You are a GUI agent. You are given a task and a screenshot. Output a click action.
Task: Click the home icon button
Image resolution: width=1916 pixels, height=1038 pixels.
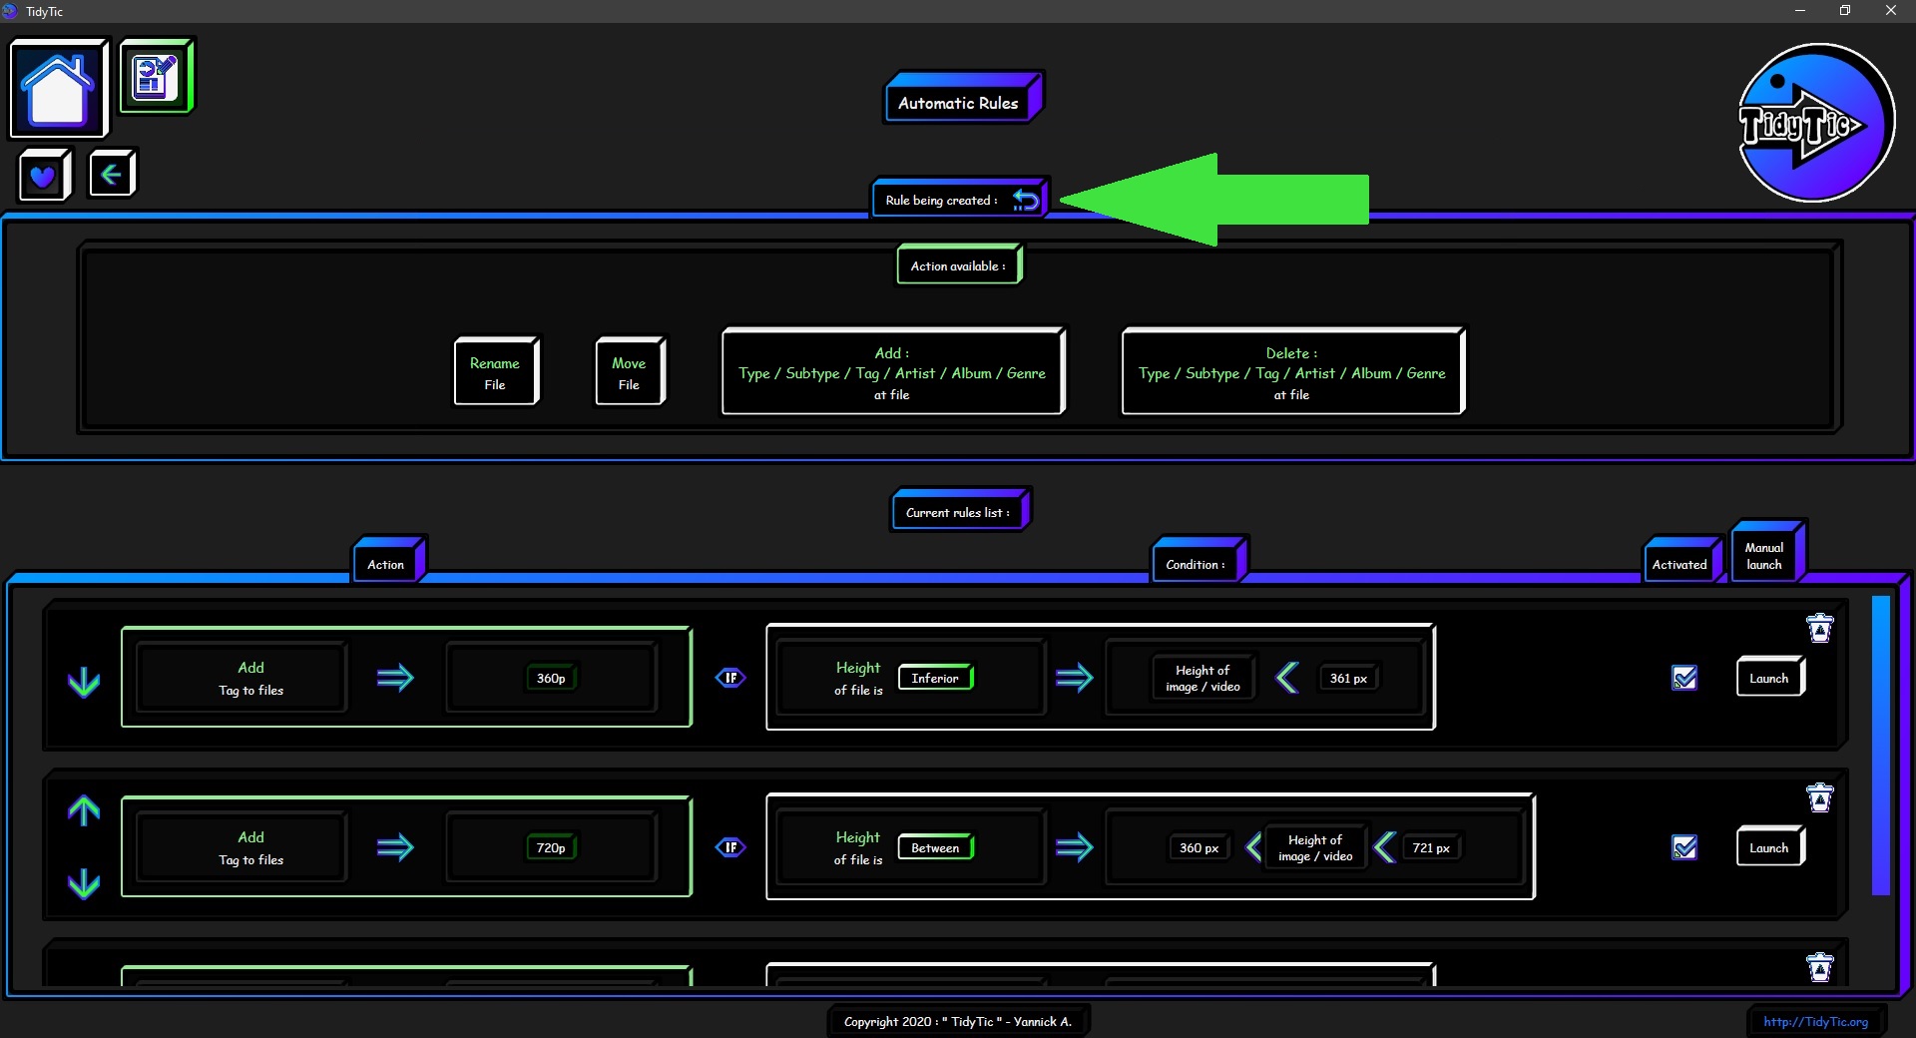(x=58, y=88)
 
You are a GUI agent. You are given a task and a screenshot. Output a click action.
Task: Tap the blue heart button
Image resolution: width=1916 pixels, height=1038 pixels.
(x=44, y=176)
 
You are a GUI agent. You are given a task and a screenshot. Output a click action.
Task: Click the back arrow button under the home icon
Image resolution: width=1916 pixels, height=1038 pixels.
(x=112, y=175)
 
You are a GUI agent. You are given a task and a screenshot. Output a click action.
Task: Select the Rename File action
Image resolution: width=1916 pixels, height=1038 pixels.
(x=496, y=371)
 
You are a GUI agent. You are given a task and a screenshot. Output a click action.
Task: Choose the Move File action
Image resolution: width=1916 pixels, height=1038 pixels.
(x=630, y=371)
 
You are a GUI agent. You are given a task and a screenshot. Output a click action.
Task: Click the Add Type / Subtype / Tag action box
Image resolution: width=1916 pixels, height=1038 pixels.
(x=893, y=371)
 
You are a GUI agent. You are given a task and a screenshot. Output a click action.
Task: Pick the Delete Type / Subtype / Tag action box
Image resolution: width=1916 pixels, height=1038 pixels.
(x=1293, y=371)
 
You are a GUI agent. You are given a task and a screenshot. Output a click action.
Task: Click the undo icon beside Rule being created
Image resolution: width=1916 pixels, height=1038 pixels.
(x=1026, y=200)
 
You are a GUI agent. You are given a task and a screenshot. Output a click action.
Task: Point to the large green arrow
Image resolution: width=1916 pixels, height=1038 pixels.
(x=1213, y=200)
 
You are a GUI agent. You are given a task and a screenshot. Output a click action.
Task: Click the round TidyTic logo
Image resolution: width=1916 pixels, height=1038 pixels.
(x=1816, y=123)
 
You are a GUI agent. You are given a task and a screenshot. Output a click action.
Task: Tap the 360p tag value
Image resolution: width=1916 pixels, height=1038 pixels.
(x=551, y=679)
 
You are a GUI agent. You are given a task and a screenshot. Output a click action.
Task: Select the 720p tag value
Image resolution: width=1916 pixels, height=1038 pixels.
(x=551, y=848)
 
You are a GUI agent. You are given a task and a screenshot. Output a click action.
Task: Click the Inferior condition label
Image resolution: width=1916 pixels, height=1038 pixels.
(x=936, y=678)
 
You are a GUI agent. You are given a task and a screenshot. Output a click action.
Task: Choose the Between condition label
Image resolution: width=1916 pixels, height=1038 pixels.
(x=936, y=847)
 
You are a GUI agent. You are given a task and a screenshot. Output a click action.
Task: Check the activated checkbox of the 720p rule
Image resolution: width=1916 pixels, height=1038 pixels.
(x=1684, y=847)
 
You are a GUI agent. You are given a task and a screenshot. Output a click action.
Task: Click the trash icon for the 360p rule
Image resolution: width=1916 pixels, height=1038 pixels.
(x=1820, y=628)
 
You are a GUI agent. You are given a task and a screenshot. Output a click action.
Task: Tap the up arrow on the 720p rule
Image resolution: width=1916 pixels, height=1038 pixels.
(x=84, y=810)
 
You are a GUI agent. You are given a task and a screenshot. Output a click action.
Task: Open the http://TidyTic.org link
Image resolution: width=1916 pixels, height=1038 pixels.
(x=1815, y=1021)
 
